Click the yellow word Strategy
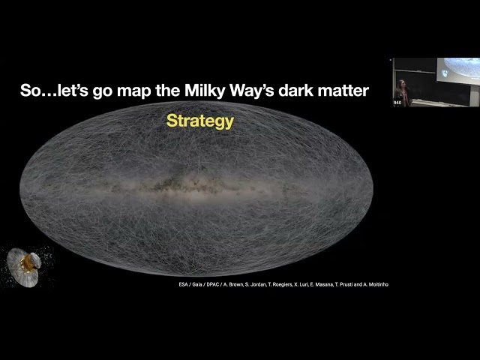[199, 121]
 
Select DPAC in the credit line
[198, 284]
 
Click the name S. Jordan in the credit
[247, 284]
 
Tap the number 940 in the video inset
[397, 103]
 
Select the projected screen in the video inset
[459, 69]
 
